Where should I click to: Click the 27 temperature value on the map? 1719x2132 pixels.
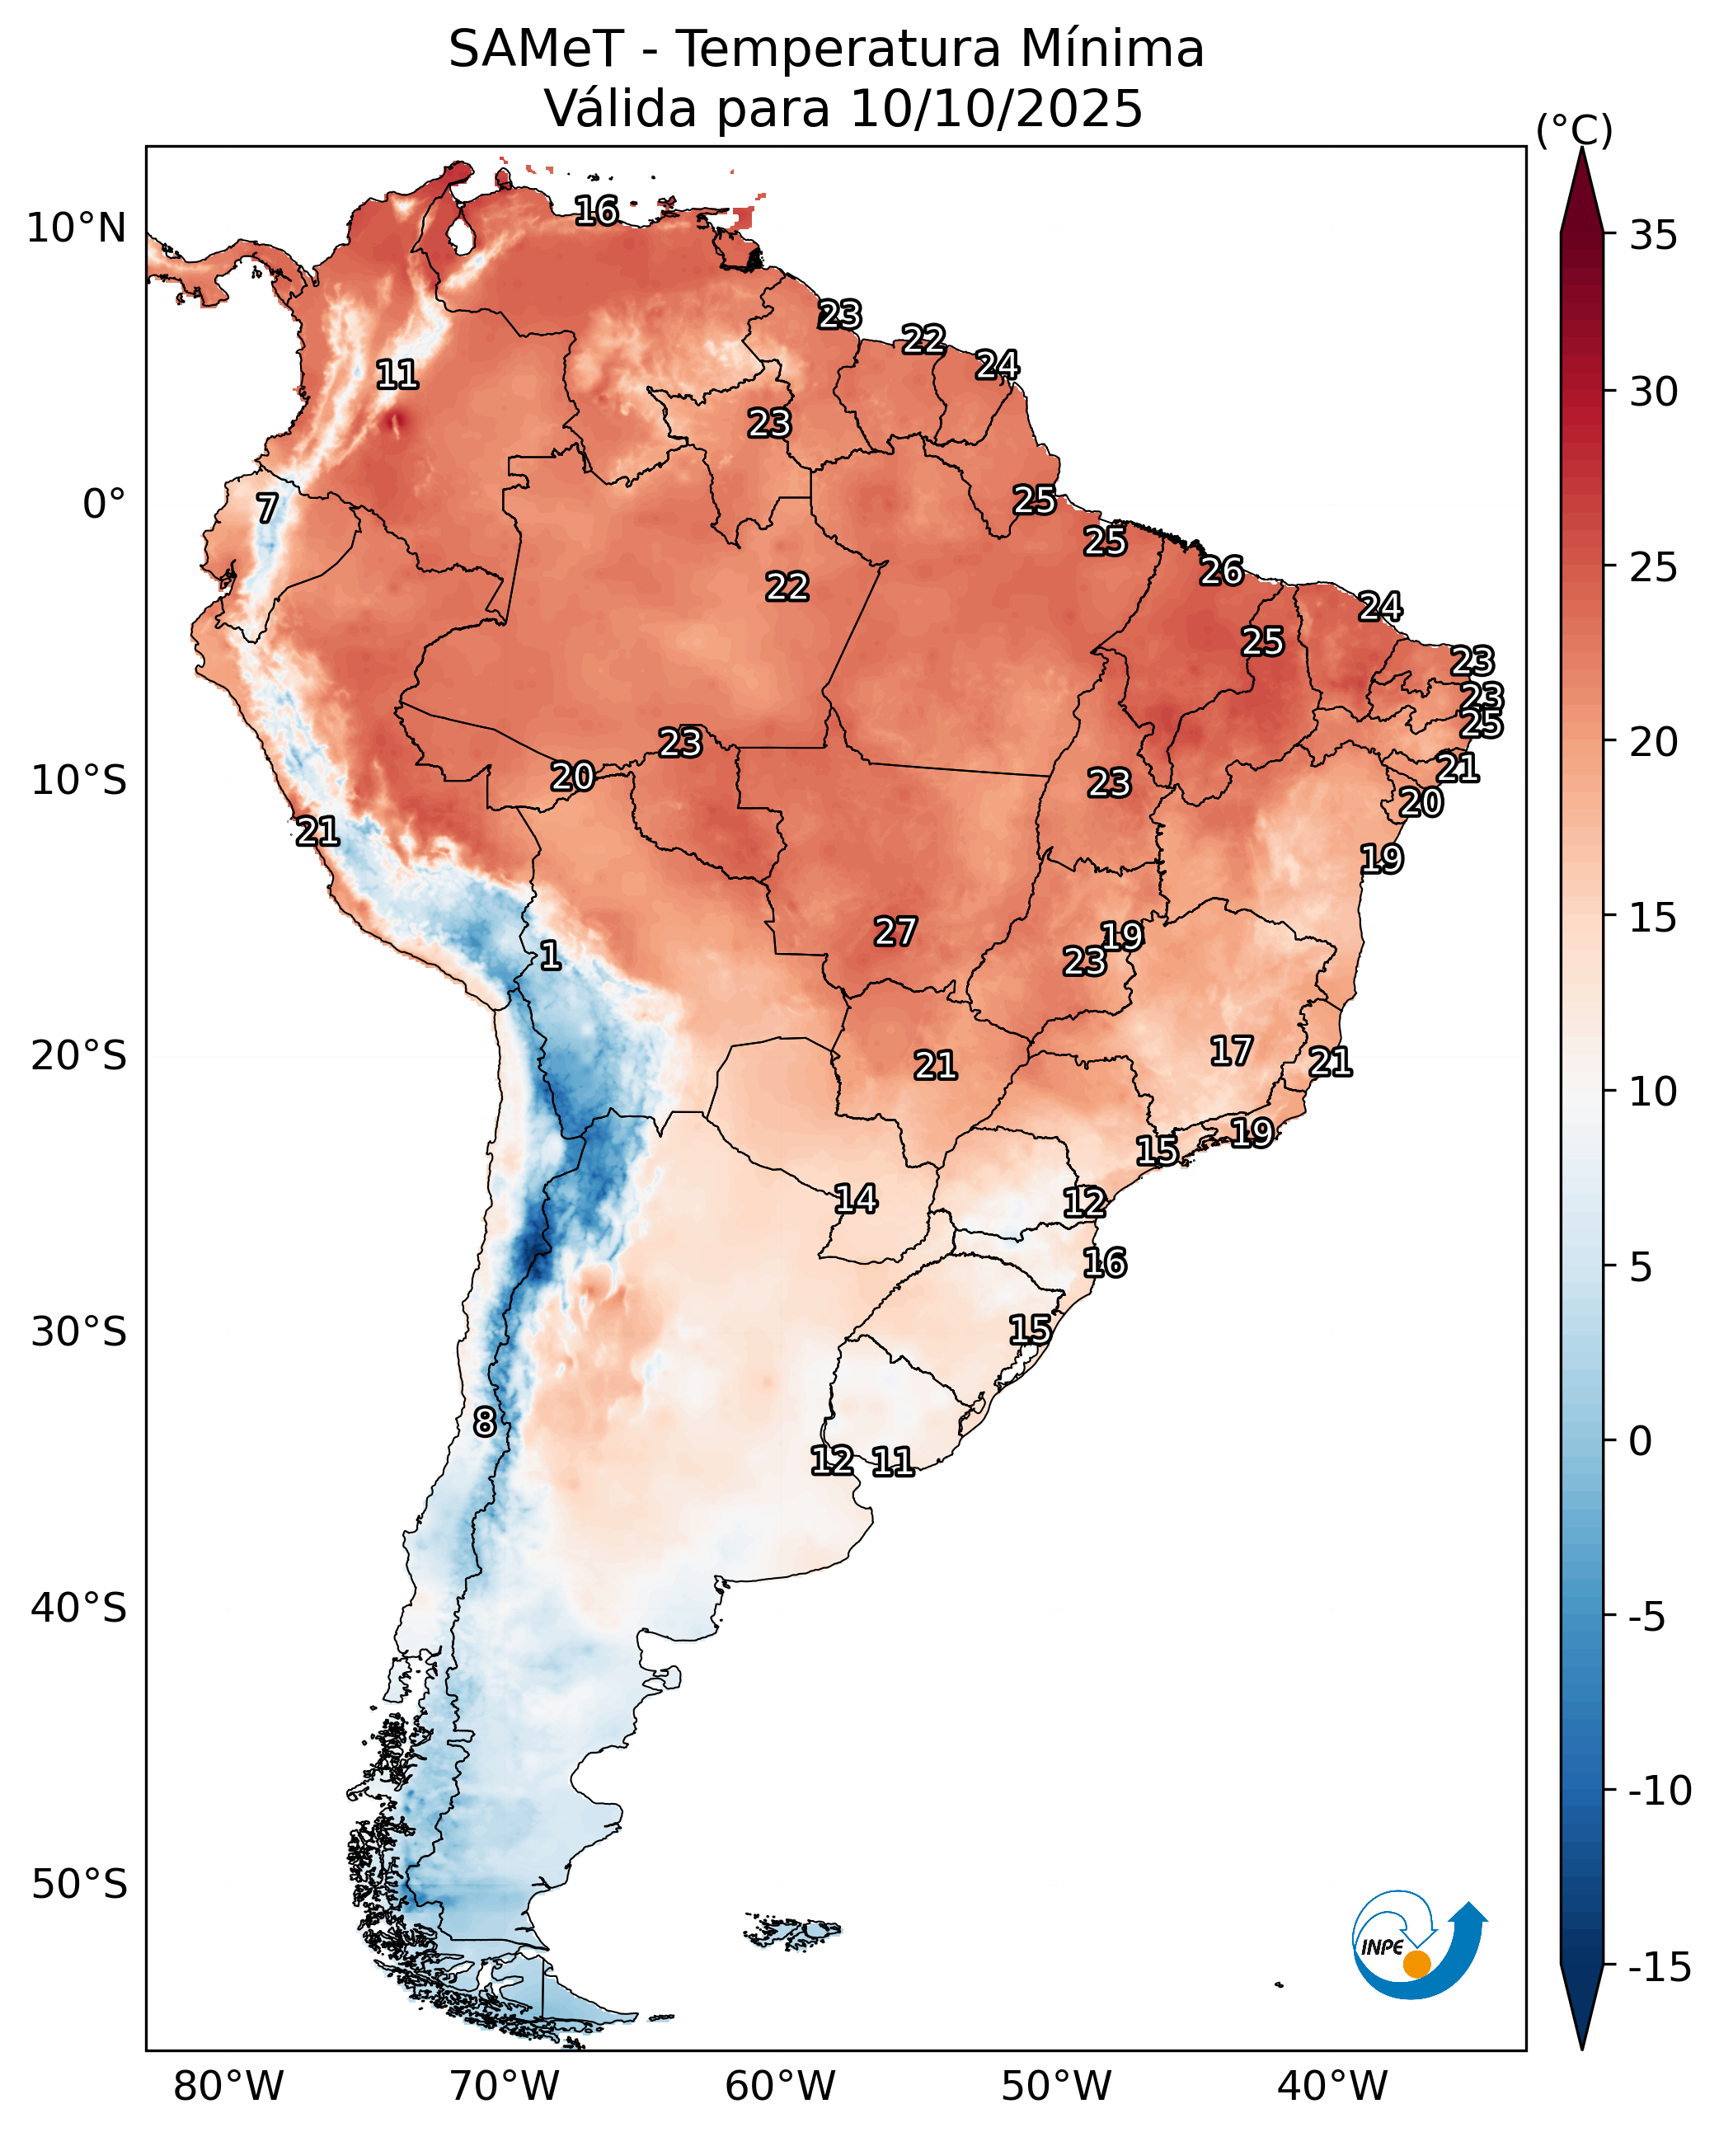(895, 932)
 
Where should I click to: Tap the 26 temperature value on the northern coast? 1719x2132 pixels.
(1222, 571)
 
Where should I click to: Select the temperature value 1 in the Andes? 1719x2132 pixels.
(551, 956)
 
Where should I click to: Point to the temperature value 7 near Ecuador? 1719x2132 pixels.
(267, 509)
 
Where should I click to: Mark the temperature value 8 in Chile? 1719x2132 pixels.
(484, 1423)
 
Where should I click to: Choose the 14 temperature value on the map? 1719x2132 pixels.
(856, 1200)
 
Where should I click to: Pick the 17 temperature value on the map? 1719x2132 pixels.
(1232, 1050)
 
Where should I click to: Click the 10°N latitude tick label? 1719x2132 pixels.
(76, 228)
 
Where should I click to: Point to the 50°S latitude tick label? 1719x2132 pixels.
(79, 1885)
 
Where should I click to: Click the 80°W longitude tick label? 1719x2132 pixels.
(228, 2086)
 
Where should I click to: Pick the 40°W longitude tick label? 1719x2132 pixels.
(1333, 2086)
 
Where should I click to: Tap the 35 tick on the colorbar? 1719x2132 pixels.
(1654, 236)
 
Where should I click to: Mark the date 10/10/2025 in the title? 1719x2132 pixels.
(996, 108)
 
